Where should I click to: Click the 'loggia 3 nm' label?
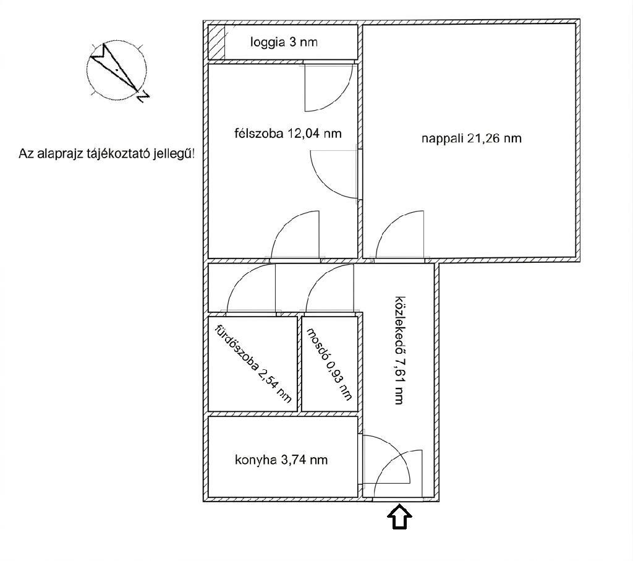284,42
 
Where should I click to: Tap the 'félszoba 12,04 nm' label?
288,133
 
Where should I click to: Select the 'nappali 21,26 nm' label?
472,139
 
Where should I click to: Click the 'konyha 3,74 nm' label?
281,460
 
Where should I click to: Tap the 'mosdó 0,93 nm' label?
329,364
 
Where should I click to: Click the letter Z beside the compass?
143,96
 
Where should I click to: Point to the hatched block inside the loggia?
216,42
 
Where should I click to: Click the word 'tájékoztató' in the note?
117,154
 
